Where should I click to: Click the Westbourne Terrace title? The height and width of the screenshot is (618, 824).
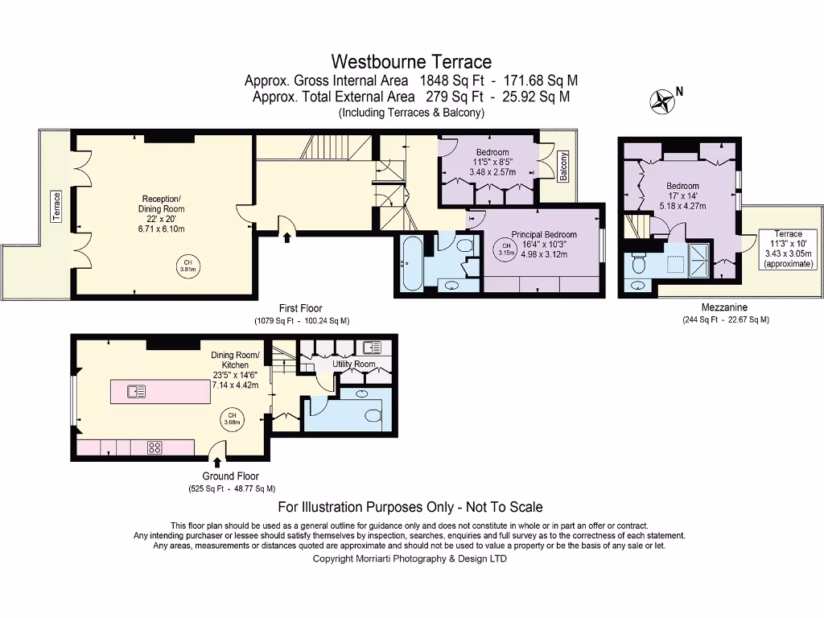click(x=411, y=61)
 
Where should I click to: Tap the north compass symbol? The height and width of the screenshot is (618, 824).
click(x=663, y=100)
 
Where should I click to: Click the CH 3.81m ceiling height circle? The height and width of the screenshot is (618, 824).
click(x=187, y=266)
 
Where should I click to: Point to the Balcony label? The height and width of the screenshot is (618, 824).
click(x=563, y=167)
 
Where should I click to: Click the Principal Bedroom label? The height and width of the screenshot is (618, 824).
click(x=544, y=235)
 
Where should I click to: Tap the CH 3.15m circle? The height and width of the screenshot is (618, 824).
click(x=505, y=249)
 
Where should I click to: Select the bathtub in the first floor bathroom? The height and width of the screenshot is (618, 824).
click(x=409, y=262)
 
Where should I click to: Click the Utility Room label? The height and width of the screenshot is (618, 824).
click(x=354, y=365)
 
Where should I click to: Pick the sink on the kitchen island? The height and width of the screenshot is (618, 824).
click(x=136, y=392)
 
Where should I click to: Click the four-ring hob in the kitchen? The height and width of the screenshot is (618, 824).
click(x=154, y=448)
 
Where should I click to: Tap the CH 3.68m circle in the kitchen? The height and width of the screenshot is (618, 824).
click(x=230, y=419)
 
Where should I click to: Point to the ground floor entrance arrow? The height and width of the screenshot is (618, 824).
click(x=217, y=461)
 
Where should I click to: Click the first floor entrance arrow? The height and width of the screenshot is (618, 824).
click(x=287, y=234)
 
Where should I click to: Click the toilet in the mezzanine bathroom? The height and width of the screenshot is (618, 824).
click(x=640, y=262)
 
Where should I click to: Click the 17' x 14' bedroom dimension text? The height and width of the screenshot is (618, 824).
click(x=682, y=196)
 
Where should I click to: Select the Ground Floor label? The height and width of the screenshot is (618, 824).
click(x=229, y=476)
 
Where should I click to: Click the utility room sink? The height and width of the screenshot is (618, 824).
click(x=371, y=348)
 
